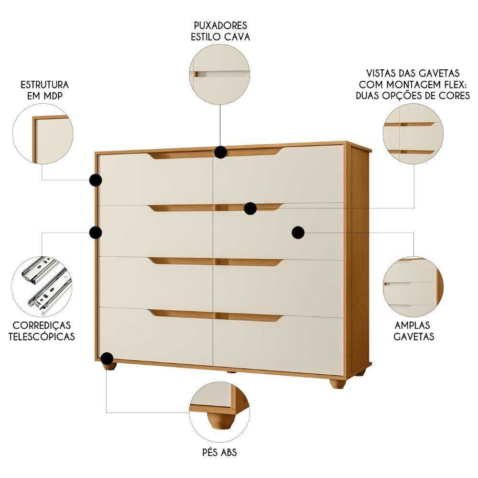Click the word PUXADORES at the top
tap(220, 25)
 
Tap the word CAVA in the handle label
tap(237, 37)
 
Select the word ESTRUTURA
tap(44, 85)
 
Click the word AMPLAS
tap(414, 325)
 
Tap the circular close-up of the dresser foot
tap(219, 412)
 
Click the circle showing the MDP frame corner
tap(43, 134)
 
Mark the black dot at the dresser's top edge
tap(220, 152)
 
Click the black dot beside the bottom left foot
tap(107, 358)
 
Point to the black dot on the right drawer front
tap(298, 232)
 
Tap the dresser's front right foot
tap(337, 383)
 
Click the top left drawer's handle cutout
tap(181, 155)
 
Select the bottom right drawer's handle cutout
tap(249, 317)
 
